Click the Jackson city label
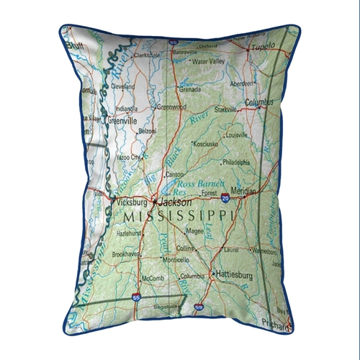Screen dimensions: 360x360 click(175, 203)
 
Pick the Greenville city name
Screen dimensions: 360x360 click(121, 122)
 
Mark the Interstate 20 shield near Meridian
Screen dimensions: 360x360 click(225, 197)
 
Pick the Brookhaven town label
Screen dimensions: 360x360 click(125, 255)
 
